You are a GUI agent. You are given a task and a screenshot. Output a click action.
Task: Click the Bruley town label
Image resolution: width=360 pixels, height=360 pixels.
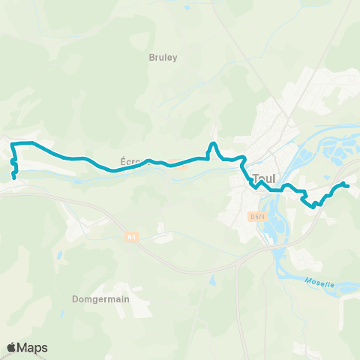[163, 57]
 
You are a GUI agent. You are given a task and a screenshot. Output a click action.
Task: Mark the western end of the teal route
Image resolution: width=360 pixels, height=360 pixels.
[15, 178]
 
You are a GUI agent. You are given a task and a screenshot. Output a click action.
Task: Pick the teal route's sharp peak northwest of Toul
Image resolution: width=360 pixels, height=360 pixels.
[214, 143]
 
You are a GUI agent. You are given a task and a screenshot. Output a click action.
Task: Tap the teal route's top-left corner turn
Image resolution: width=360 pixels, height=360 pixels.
[13, 143]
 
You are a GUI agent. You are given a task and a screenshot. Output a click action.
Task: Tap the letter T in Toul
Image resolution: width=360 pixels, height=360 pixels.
[257, 179]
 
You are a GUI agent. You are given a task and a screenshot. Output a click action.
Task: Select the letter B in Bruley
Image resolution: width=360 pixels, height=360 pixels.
[152, 57]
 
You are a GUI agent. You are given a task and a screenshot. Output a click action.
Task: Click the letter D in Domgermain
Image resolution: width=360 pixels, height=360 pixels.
[75, 298]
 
